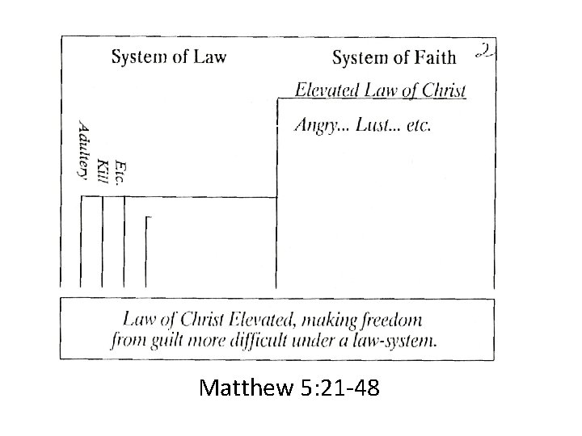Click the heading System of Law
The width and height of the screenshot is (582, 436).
tap(168, 57)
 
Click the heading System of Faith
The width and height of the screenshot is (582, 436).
tap(394, 57)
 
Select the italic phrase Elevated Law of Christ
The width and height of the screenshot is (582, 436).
tap(380, 90)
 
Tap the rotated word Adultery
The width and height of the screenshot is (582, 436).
tap(82, 149)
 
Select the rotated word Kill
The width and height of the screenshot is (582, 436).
tap(102, 170)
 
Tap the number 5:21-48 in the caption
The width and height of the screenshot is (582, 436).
tap(336, 391)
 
